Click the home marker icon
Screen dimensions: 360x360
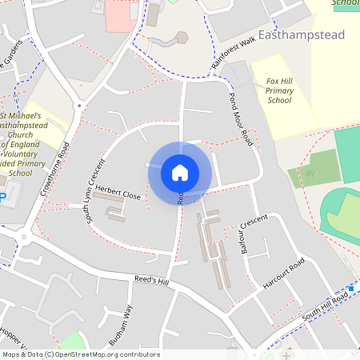pos(179,172)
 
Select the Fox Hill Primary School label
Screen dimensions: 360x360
pos(279,90)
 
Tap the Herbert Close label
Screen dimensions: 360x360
pos(120,196)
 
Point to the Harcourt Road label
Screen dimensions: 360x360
pos(285,274)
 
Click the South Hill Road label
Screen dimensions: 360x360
pos(325,307)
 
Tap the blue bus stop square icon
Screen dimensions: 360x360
pos(350,288)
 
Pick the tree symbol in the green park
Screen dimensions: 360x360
pos(310,172)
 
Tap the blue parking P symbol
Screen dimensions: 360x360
pos(2,197)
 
